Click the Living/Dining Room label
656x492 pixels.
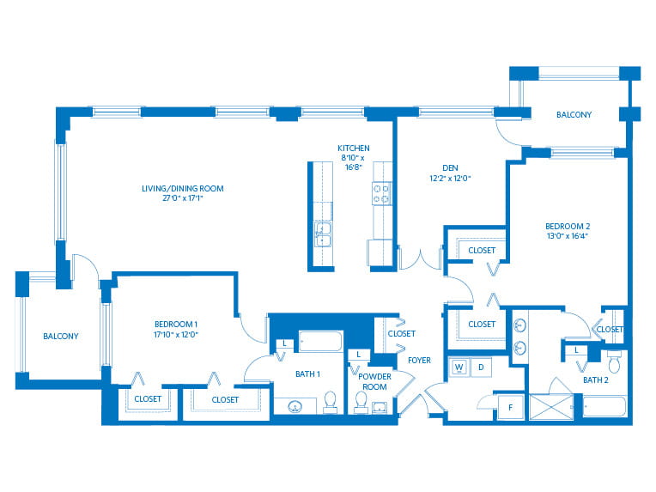182,188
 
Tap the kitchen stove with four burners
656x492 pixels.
381,194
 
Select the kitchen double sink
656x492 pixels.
323,234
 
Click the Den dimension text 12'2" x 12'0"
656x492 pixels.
450,179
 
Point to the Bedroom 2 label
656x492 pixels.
568,226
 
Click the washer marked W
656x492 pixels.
459,367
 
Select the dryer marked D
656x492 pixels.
481,367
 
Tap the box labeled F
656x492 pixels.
510,407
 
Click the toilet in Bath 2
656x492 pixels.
614,362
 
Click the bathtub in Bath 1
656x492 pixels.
321,342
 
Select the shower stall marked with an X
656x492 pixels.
551,407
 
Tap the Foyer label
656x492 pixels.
419,361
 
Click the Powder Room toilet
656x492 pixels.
361,403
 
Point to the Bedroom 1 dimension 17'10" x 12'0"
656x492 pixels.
176,334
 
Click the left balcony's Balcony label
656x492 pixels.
61,336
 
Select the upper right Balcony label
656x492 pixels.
574,115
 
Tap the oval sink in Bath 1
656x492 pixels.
295,406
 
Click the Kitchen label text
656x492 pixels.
354,148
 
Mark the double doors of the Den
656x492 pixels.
421,258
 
